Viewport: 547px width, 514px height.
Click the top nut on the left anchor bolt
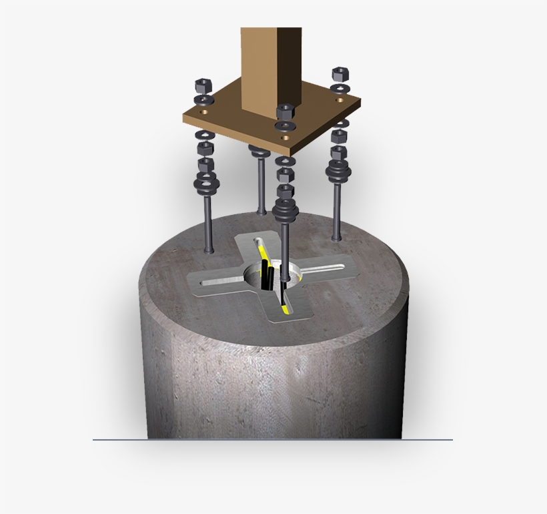(x=202, y=85)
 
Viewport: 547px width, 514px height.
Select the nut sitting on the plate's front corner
(x=285, y=112)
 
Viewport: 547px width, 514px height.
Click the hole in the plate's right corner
(x=340, y=99)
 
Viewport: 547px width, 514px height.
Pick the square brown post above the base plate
(x=270, y=70)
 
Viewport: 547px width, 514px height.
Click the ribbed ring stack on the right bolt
(x=338, y=171)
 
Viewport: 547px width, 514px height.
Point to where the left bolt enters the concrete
(x=209, y=250)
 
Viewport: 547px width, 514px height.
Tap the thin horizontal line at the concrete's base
(x=120, y=440)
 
